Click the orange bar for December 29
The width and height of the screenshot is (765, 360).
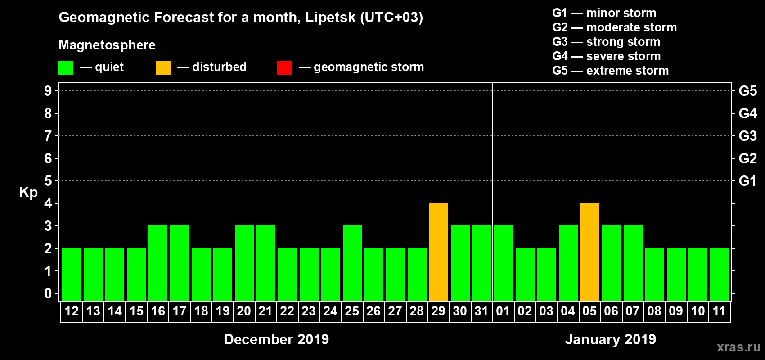coord(439,252)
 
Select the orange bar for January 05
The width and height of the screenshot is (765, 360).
coord(590,252)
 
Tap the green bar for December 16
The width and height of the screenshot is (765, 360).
coord(158,263)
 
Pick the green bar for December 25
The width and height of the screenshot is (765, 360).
coord(352,263)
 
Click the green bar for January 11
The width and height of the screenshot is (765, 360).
coord(720,274)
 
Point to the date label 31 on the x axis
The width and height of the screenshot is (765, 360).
coord(481,311)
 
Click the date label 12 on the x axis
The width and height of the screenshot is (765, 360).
coord(72,311)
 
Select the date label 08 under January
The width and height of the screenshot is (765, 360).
coord(654,311)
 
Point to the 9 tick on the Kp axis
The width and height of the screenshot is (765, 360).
coord(48,91)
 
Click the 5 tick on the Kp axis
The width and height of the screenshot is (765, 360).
coord(48,181)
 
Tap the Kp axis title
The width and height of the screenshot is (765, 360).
coord(28,192)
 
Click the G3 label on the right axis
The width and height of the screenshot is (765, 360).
coord(747,136)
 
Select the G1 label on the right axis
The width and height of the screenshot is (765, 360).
coord(747,181)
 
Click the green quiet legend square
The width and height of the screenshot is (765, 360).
coord(66,68)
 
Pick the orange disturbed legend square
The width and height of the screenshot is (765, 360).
coord(163,68)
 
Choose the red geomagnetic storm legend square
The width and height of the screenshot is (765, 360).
coord(285,68)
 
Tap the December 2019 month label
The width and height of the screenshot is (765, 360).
coord(276,339)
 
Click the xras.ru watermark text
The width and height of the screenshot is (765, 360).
coord(738,347)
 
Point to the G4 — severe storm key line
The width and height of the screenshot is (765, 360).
coord(606,56)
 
